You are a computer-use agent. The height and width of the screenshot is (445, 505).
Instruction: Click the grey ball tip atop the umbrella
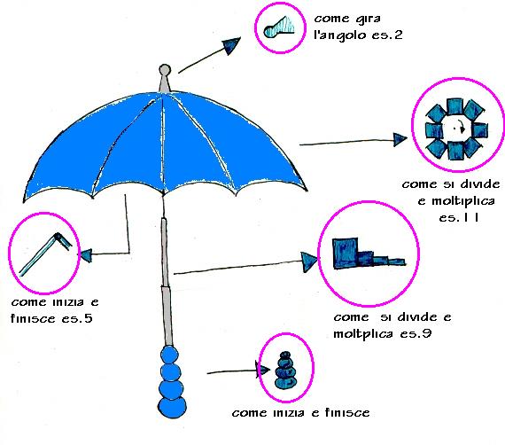165,71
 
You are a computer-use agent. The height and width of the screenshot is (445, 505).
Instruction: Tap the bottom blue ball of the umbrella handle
172,408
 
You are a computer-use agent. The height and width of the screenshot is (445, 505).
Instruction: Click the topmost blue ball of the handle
170,355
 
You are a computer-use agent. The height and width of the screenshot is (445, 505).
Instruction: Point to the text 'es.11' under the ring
459,217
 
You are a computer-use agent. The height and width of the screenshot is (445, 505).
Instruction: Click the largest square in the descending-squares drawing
346,254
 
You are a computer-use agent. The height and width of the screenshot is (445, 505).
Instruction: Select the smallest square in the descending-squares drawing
397,262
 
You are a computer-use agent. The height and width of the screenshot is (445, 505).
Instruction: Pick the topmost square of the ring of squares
455,106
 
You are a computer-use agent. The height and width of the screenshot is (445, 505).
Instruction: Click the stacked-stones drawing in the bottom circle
285,370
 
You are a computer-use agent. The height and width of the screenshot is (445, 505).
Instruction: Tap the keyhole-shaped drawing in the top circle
279,27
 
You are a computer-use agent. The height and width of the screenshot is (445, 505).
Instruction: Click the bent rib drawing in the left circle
46,254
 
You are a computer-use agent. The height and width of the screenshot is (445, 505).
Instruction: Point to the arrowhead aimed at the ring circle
400,139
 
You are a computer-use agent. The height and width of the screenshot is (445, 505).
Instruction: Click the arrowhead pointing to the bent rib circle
85,255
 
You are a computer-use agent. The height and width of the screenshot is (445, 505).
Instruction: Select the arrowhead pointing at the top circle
232,46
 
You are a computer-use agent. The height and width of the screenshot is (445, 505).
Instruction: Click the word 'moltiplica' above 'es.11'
462,201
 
